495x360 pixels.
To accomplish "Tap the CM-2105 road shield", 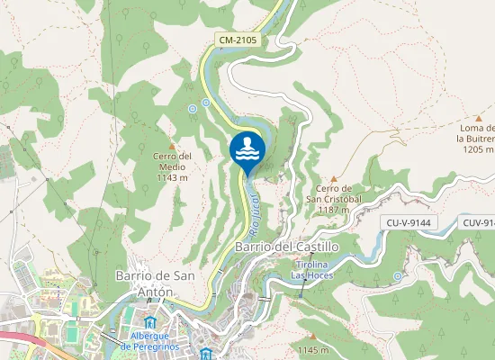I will point(236,40).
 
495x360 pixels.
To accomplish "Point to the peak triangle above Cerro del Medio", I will point(171,144).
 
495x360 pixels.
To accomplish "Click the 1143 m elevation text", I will point(171,177).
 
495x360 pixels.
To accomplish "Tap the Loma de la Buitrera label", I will point(475,133).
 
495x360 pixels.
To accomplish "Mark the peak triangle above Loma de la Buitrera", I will point(478,117).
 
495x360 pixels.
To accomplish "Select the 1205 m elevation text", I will point(475,149).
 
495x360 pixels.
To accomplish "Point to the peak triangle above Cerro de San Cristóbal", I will point(333,179).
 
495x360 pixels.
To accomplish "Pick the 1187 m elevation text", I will point(333,210).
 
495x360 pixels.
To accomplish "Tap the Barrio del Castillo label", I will point(274,246).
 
